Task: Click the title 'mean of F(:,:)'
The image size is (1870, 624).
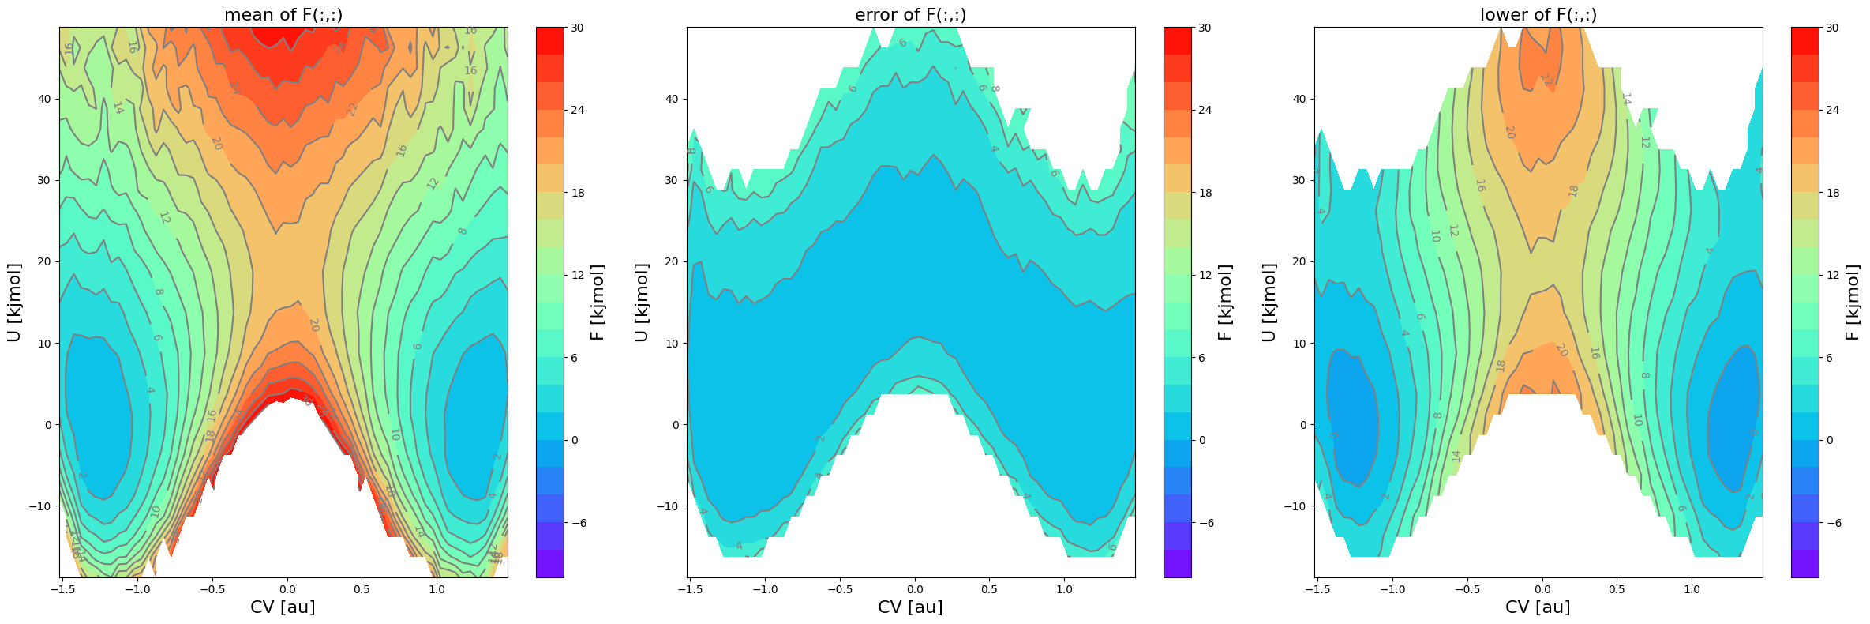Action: (283, 15)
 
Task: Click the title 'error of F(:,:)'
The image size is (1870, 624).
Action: (910, 15)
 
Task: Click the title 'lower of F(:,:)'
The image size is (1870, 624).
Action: (1538, 15)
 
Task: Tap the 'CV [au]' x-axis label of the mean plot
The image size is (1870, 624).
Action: (283, 607)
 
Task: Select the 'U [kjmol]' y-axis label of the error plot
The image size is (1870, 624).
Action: (642, 303)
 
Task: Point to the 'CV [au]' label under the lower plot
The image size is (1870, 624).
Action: (1538, 607)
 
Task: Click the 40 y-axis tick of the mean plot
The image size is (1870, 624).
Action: (44, 99)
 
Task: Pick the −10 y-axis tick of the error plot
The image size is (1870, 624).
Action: (668, 506)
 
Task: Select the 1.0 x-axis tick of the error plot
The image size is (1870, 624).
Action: (1064, 588)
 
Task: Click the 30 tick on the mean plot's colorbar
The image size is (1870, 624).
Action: (577, 28)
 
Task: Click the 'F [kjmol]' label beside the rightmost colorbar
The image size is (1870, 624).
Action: (1853, 303)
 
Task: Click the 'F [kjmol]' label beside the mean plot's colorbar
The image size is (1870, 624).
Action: (598, 303)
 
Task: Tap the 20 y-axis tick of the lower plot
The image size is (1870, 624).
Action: (1299, 261)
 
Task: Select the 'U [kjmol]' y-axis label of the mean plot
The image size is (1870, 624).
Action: (14, 303)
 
